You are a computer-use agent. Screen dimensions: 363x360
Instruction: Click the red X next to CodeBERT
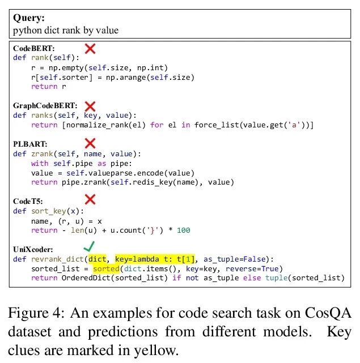coord(90,49)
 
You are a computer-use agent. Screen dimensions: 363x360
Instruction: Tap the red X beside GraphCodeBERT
coord(90,106)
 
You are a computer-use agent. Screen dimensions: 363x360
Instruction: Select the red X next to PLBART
coord(90,144)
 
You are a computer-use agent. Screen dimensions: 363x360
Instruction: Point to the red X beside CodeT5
coord(90,199)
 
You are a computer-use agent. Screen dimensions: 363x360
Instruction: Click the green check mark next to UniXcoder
coord(88,247)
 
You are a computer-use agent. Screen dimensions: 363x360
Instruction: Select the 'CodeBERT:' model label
coord(35,49)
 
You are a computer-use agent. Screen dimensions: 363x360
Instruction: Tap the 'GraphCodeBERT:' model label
coord(45,106)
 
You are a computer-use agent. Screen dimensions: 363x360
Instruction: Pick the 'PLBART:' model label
coord(30,144)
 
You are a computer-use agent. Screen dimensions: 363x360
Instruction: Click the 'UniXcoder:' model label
coord(33,249)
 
